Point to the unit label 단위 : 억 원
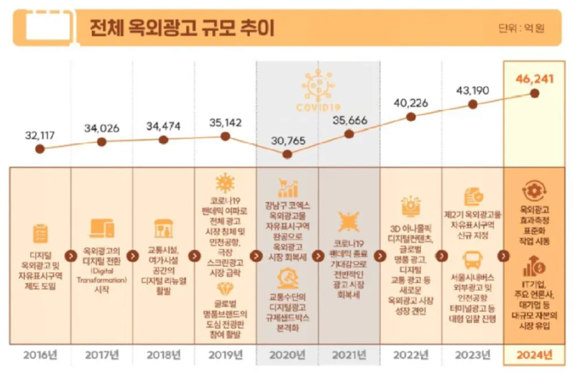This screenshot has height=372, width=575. tap(522, 29)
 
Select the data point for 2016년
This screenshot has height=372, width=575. tap(40, 150)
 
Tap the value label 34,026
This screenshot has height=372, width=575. tap(102, 128)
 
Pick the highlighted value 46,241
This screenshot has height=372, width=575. tap(533, 77)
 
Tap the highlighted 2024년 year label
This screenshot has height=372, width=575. tap(534, 355)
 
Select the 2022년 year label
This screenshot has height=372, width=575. tap(410, 355)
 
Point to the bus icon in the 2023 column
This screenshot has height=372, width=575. tap(473, 259)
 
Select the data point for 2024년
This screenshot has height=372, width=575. tap(534, 93)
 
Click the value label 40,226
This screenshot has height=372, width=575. tap(410, 101)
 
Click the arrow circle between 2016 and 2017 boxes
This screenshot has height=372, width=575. tap(71, 255)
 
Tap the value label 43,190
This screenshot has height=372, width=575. tap(472, 90)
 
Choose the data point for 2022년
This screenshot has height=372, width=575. tap(410, 117)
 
